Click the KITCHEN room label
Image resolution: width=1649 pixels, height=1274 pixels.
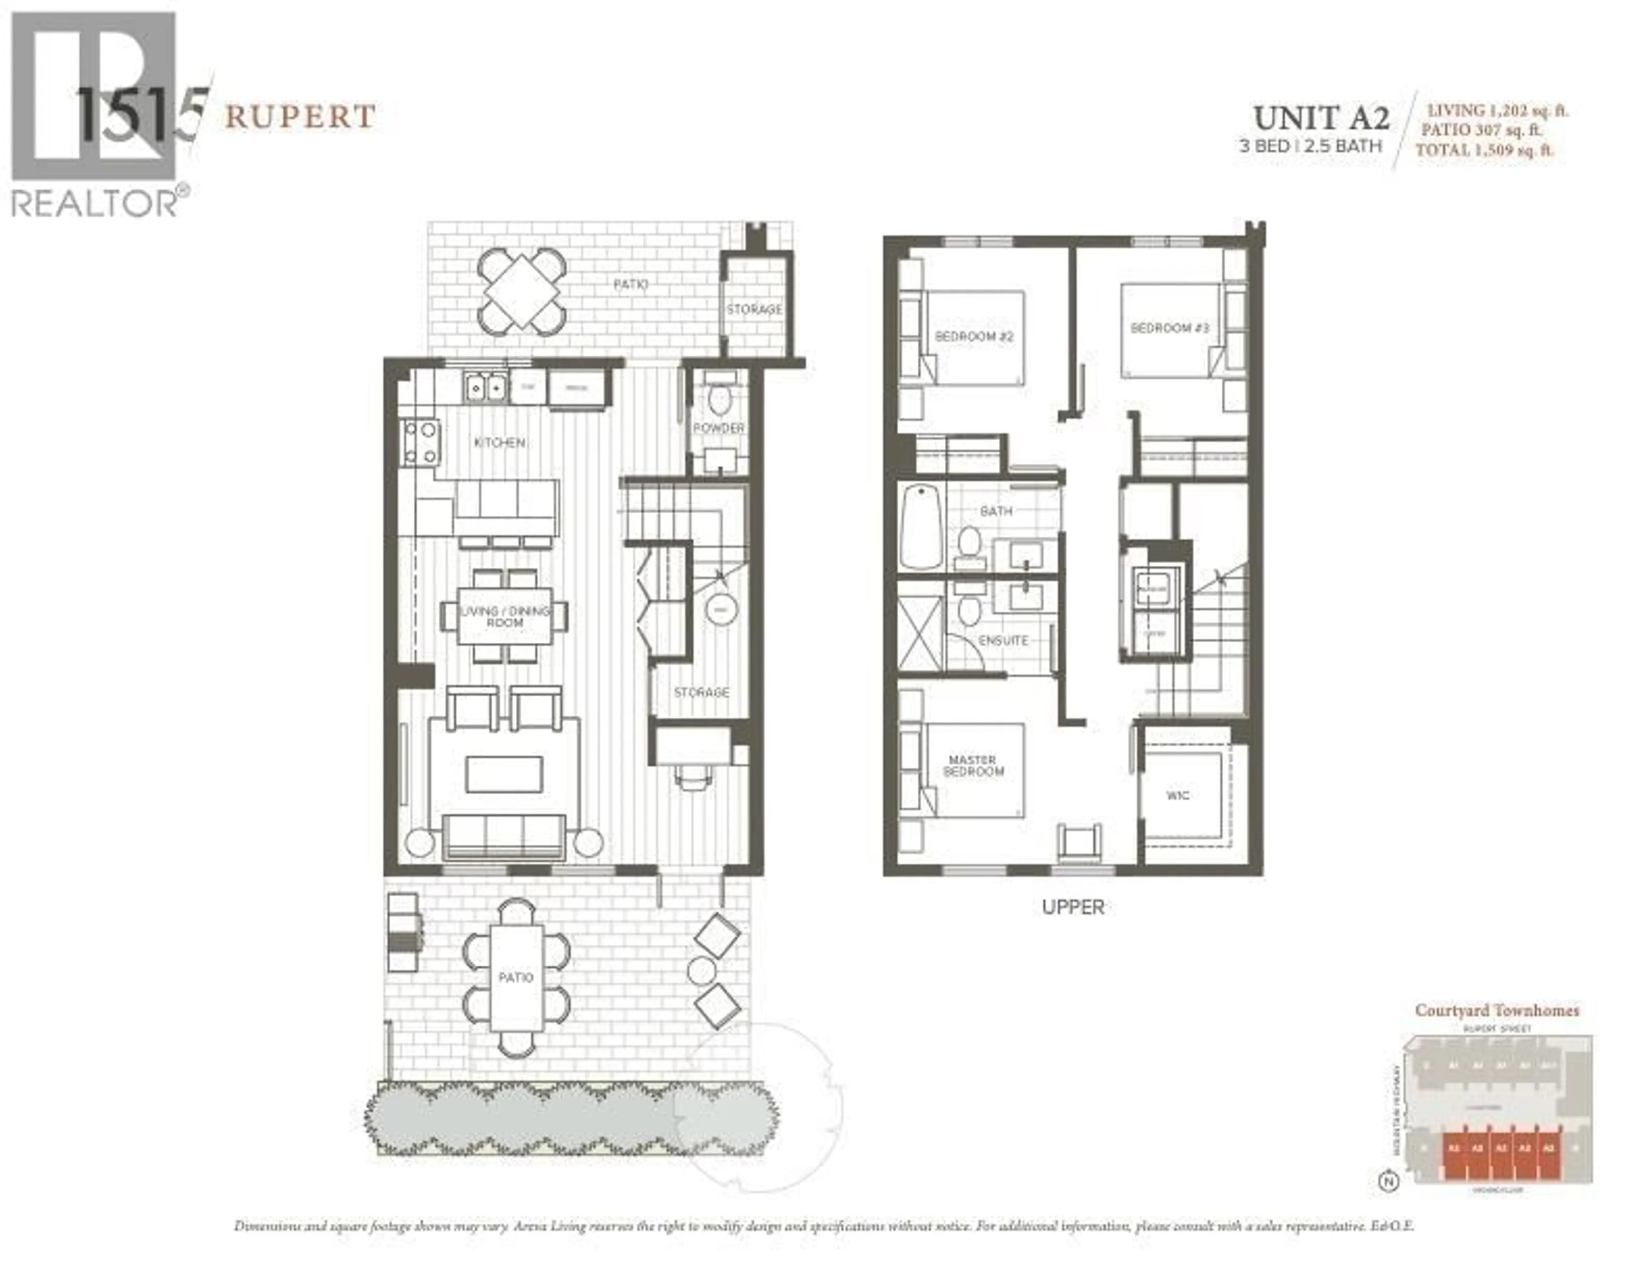click(x=500, y=443)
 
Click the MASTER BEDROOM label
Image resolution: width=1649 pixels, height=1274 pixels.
click(x=973, y=766)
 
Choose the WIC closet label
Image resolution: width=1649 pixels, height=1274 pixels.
click(x=1178, y=795)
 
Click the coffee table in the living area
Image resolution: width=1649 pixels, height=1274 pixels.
click(x=504, y=775)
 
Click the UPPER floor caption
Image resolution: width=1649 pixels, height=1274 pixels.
click(x=1072, y=907)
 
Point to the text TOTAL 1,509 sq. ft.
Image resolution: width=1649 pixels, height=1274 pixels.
click(x=1484, y=150)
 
